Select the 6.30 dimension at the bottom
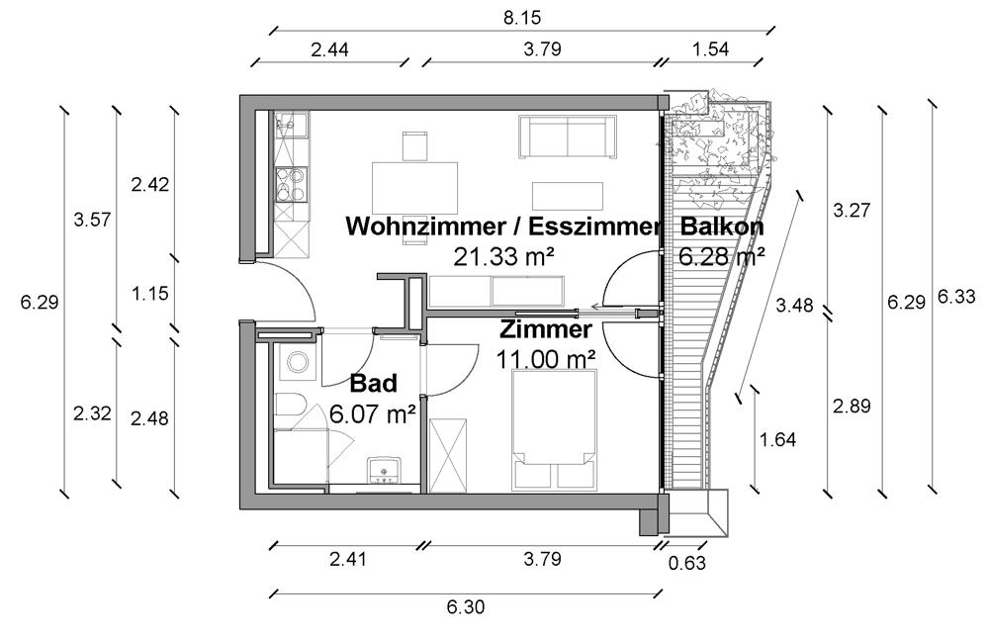[465, 607]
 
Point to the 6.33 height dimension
[956, 297]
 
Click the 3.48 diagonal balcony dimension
[795, 305]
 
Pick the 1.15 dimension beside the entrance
[148, 293]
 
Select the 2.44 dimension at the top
[329, 48]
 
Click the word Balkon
[721, 227]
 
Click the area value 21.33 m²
[502, 257]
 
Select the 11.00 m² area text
[546, 357]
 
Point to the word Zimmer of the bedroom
[546, 329]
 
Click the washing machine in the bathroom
[296, 364]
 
